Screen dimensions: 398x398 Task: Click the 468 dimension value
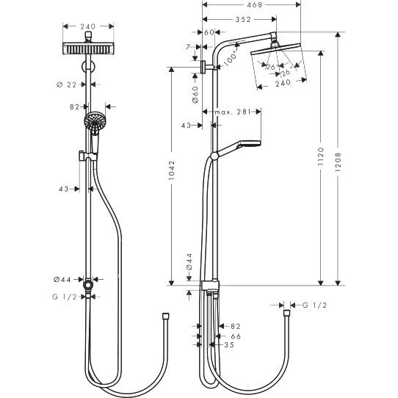pyautogui.click(x=254, y=5)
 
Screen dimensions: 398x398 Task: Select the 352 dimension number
pyautogui.click(x=243, y=20)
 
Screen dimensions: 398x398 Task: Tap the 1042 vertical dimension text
pyautogui.click(x=172, y=170)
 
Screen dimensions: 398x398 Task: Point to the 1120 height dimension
pyautogui.click(x=321, y=156)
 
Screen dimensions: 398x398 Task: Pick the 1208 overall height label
pyautogui.click(x=338, y=162)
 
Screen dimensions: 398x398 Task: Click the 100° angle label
pyautogui.click(x=231, y=59)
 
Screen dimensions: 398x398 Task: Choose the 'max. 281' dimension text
pyautogui.click(x=232, y=112)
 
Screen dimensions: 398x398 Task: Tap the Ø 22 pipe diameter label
pyautogui.click(x=66, y=84)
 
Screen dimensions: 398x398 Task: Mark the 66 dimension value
pyautogui.click(x=236, y=336)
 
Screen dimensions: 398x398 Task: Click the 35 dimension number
pyautogui.click(x=229, y=345)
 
